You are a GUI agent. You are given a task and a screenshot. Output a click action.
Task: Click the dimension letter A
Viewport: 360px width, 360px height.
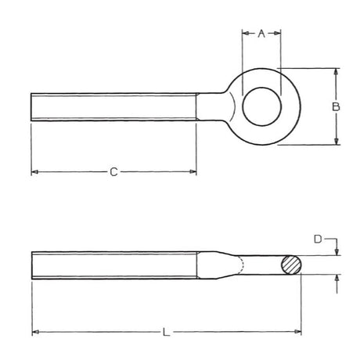tap(261, 33)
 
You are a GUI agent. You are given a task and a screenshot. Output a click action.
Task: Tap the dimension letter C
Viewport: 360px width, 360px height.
tap(113, 171)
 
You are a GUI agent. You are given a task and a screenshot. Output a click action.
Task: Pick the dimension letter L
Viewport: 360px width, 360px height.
tap(165, 333)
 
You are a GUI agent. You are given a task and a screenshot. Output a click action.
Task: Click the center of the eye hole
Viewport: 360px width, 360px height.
tap(261, 106)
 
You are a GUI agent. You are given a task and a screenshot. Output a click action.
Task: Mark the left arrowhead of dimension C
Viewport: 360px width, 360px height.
tap(35, 171)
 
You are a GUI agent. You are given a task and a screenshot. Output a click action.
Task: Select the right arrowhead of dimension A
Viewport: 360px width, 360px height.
tap(277, 33)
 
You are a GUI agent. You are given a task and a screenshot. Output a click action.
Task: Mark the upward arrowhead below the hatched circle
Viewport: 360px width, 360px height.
tap(336, 279)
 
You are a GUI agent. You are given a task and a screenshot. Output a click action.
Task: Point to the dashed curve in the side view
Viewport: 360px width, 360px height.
tap(243, 266)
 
